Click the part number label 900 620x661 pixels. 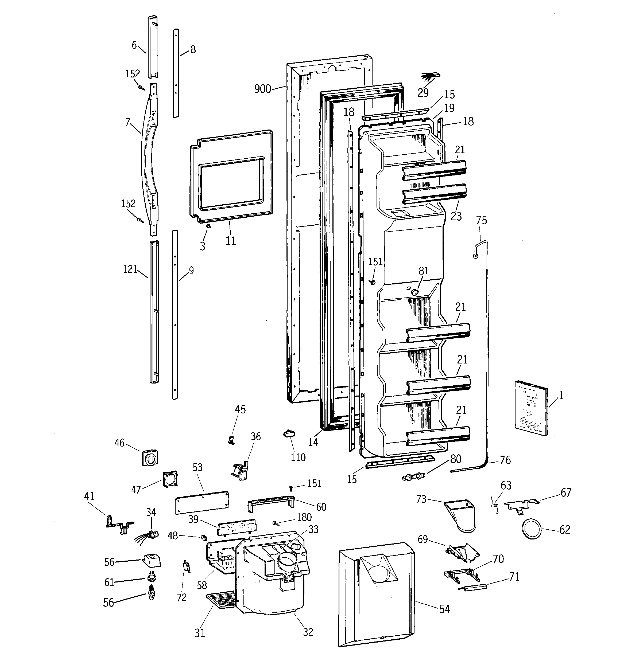[262, 89]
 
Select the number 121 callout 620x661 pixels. [130, 269]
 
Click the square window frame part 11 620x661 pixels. [231, 176]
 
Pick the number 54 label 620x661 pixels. [445, 609]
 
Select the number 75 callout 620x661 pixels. [481, 220]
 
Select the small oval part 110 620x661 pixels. [288, 434]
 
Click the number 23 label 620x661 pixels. [456, 216]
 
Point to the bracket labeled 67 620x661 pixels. [521, 505]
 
